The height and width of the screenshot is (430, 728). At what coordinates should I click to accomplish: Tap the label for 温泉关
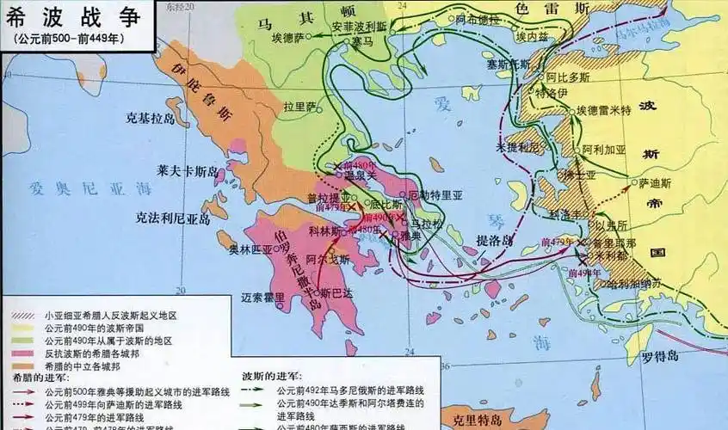click(361, 175)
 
